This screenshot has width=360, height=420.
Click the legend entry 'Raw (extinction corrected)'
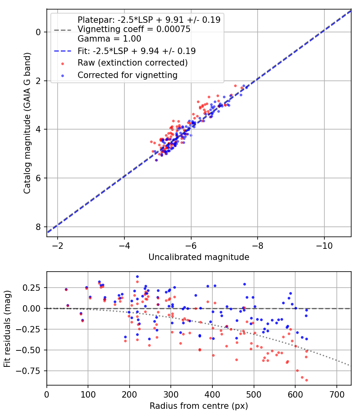click(x=132, y=63)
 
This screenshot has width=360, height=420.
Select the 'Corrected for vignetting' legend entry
click(x=127, y=75)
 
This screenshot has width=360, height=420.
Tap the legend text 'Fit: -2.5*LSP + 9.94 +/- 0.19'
click(x=136, y=51)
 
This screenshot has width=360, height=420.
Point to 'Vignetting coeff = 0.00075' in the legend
click(x=134, y=29)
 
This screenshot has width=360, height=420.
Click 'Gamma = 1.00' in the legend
click(x=109, y=39)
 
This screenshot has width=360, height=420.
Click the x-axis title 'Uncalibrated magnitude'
click(x=199, y=257)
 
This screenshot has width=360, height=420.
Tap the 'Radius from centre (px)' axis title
click(x=199, y=406)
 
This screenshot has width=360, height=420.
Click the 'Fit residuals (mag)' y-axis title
click(x=8, y=329)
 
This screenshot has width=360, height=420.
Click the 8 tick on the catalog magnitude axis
click(x=39, y=227)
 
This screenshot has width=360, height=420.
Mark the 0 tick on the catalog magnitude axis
click(x=39, y=32)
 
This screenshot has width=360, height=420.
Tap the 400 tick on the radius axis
click(x=212, y=394)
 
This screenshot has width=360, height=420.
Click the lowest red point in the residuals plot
click(x=306, y=380)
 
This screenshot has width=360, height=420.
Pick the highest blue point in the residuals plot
click(x=137, y=276)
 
